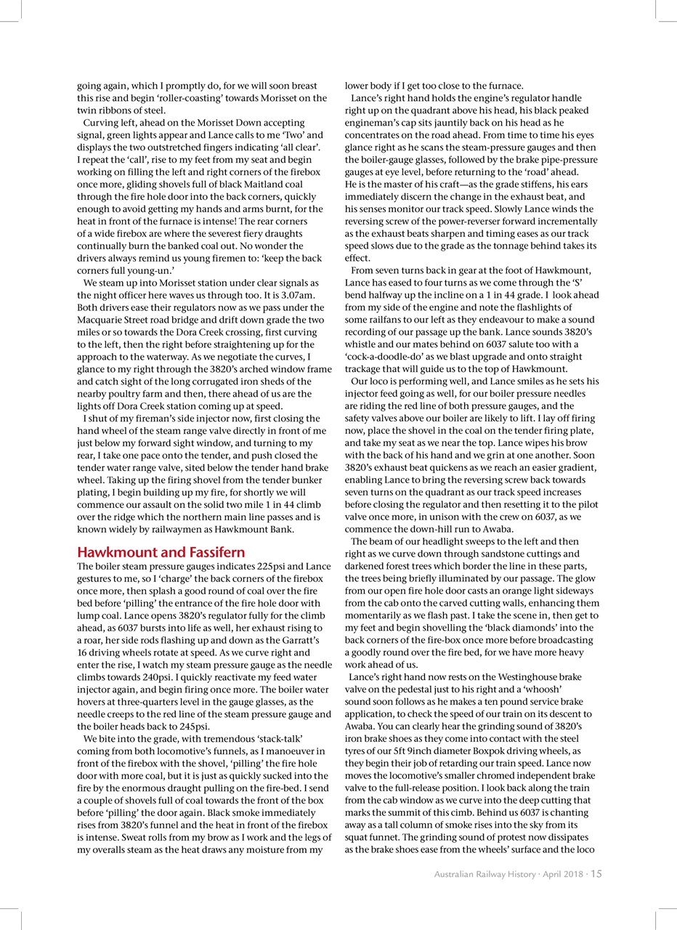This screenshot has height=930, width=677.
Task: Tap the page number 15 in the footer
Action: point(596,874)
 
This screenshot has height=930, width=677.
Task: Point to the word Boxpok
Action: point(486,751)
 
